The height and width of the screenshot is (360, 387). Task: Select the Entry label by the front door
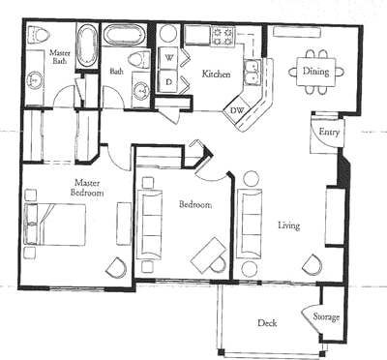pos(328,133)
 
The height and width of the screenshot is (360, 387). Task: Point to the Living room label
pos(288,225)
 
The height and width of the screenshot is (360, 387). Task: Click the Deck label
pos(267,323)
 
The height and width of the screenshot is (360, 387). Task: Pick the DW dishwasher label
pos(237,109)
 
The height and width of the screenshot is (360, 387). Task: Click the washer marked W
pos(167,57)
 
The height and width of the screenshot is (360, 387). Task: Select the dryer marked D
pos(167,82)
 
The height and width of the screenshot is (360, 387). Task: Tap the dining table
pos(315,70)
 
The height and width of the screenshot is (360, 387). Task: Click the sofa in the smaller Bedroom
pos(151,222)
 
